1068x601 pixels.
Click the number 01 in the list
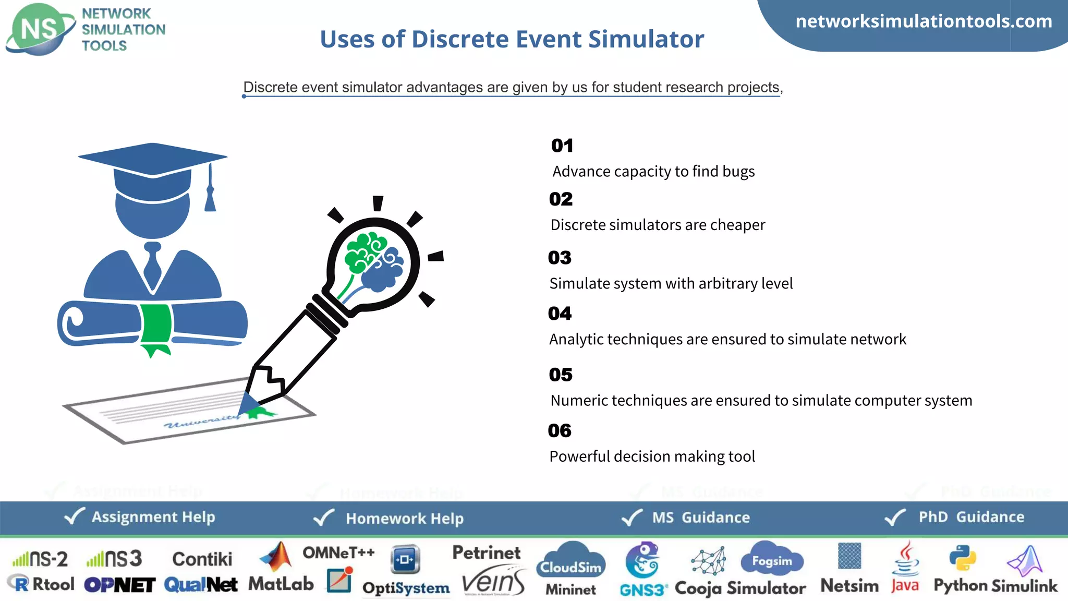562,146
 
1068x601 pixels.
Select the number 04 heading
560,314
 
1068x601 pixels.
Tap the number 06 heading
560,431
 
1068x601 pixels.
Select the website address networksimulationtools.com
924,21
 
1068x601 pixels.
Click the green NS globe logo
40,29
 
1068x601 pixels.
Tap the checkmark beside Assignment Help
74,516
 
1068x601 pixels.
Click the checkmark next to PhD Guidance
895,517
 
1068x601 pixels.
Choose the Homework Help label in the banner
404,519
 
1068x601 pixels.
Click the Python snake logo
962,558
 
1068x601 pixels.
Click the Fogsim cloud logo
772,560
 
